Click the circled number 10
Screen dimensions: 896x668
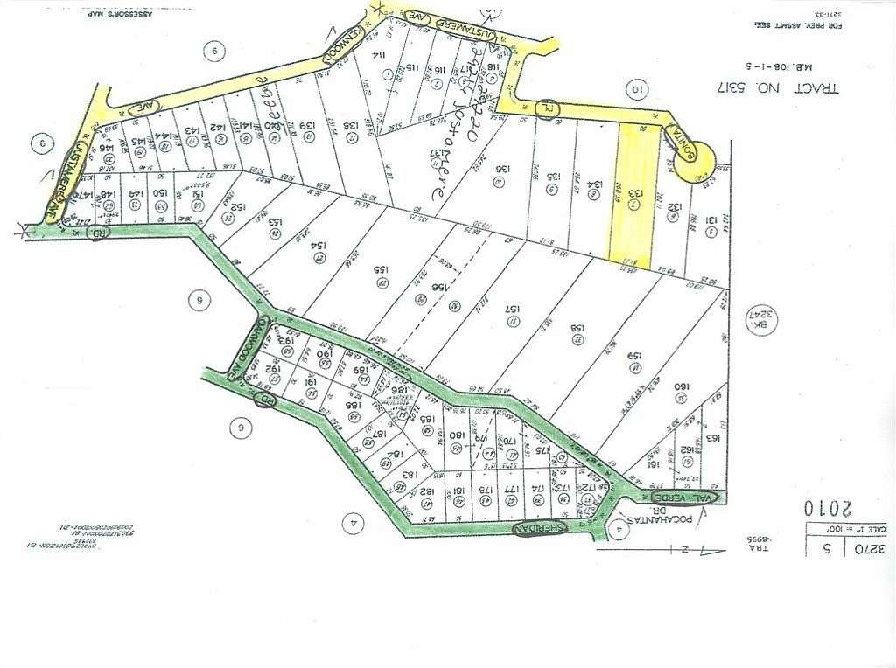637,87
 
